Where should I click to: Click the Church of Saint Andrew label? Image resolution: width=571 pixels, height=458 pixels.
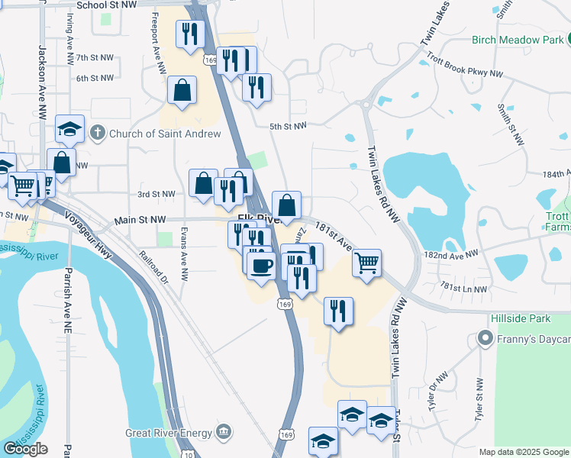tap(165, 134)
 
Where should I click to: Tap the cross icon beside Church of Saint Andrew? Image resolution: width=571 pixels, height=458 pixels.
tap(97, 134)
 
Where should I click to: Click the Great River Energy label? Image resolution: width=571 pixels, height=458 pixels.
tap(169, 433)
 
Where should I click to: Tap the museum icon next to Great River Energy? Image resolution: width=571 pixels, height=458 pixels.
tap(223, 433)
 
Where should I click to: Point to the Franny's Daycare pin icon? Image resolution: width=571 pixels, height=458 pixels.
tap(484, 337)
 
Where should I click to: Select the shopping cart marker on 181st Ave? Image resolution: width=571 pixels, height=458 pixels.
tap(367, 263)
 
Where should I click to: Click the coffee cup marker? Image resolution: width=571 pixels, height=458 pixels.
tap(262, 265)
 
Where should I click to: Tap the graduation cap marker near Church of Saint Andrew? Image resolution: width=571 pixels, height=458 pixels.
tap(69, 129)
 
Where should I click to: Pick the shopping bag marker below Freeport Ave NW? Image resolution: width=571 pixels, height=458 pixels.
tap(182, 90)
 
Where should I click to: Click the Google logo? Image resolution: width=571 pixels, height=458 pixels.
tap(25, 449)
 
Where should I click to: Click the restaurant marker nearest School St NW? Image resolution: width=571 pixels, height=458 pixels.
tap(189, 34)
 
